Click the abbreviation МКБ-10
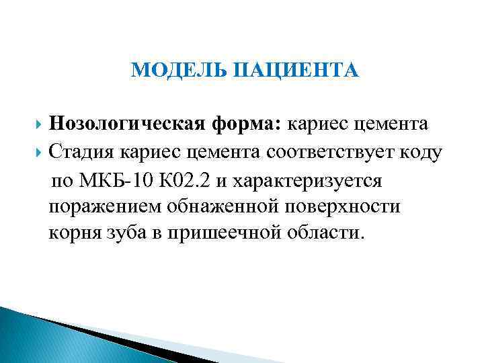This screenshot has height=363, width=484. click(x=114, y=179)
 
